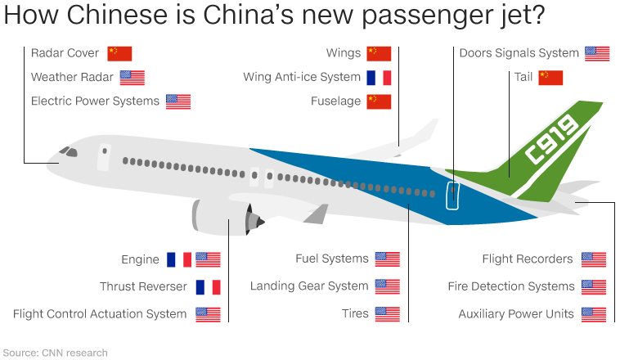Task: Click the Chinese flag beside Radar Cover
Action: (119, 53)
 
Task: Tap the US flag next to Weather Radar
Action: (132, 78)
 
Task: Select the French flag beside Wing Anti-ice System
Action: (379, 78)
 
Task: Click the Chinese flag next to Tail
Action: (550, 78)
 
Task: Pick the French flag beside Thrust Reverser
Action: (208, 287)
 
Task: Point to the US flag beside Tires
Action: (387, 313)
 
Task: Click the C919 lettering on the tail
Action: (552, 140)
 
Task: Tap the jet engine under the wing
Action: (225, 217)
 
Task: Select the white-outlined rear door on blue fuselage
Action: (452, 196)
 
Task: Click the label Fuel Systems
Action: (332, 259)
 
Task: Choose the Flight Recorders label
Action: (528, 259)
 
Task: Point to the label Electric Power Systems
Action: (95, 101)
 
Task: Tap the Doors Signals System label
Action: (519, 53)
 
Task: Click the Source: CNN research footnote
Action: (55, 353)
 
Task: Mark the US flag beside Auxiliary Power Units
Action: (594, 313)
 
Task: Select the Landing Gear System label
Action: (309, 286)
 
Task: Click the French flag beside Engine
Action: (179, 259)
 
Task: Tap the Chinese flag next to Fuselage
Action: (379, 101)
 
